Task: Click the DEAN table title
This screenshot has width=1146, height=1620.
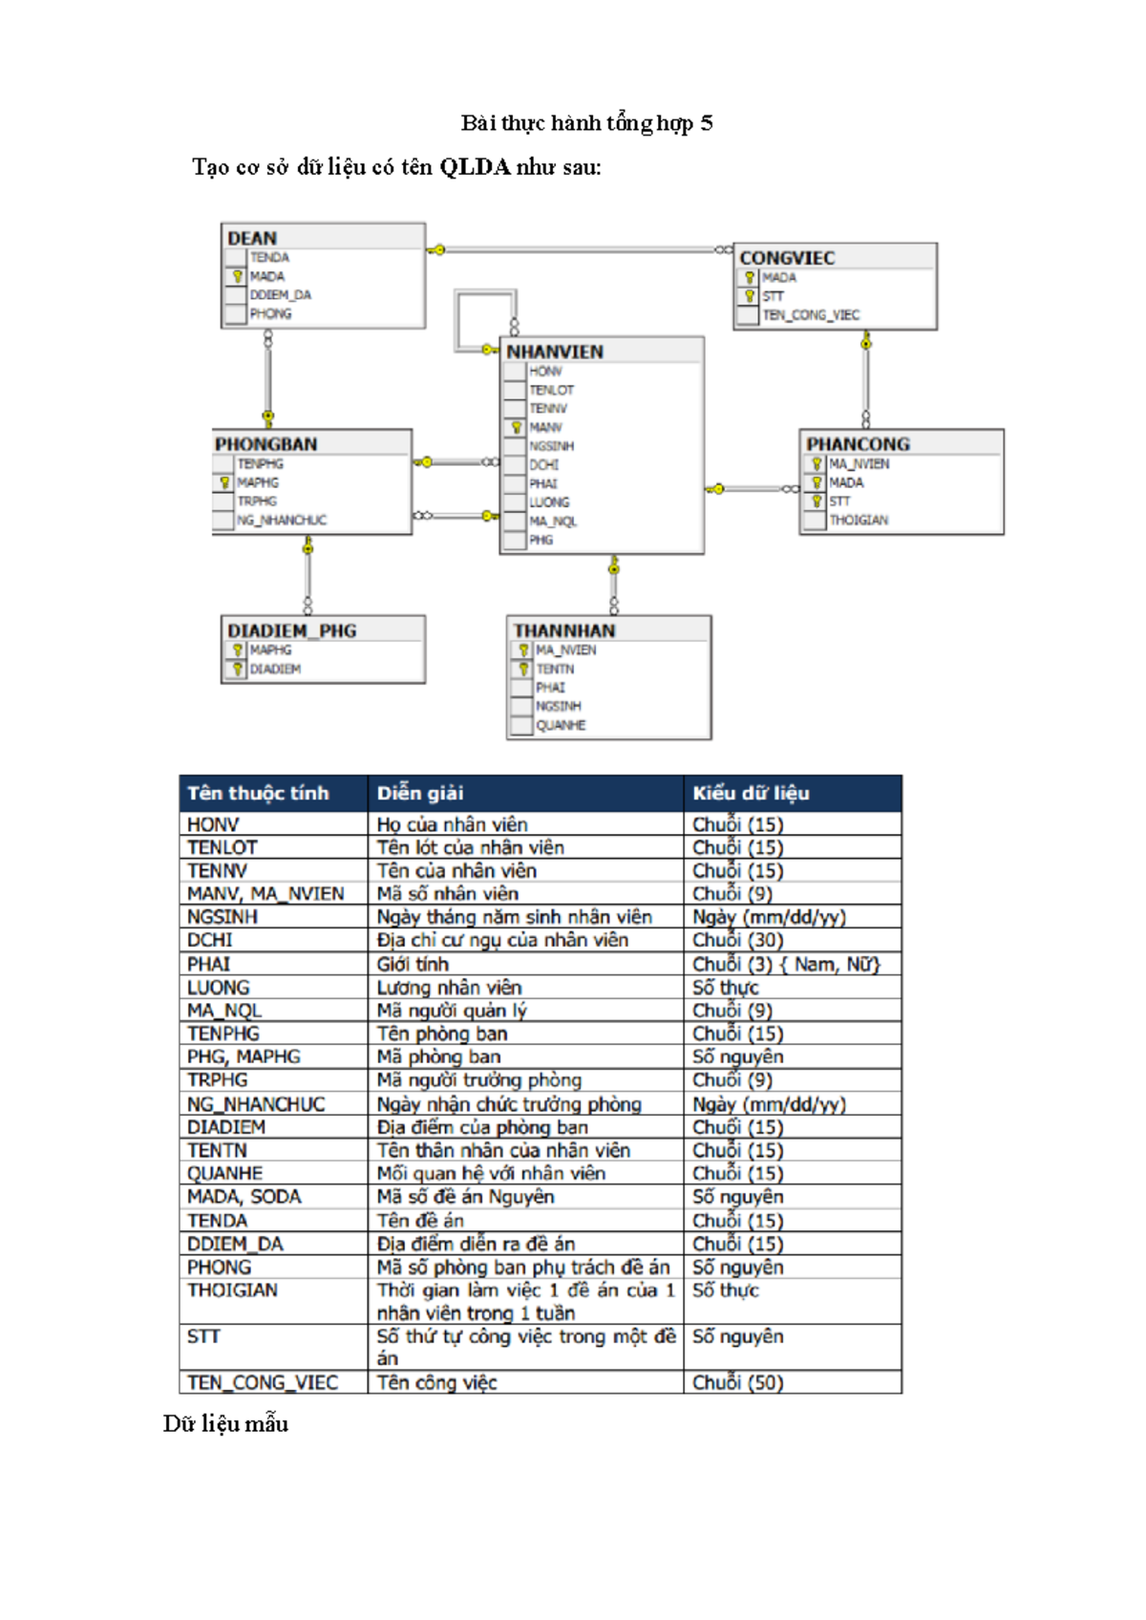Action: tap(252, 238)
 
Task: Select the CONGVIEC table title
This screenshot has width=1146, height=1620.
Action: tap(787, 258)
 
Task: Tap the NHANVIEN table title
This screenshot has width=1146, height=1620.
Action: tap(555, 352)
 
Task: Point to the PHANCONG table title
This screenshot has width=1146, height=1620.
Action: tap(858, 444)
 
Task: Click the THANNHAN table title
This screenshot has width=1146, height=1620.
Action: tap(564, 630)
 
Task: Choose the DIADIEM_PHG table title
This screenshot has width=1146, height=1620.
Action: tap(291, 630)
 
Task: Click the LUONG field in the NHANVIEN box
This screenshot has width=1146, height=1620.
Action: tap(549, 502)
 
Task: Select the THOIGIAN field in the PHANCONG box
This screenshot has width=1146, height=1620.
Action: tap(859, 520)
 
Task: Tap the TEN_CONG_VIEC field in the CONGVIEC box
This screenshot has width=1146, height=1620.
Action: tap(811, 315)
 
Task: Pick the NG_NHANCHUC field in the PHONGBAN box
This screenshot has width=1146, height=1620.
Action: tap(282, 520)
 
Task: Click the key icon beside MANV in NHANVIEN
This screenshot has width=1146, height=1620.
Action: tap(516, 427)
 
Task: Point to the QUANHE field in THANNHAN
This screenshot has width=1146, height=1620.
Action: tap(561, 725)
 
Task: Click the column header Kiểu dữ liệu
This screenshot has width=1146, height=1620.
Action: tap(751, 793)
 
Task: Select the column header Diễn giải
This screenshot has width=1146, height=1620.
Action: tap(419, 793)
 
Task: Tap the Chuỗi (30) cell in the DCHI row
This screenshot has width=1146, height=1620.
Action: tap(737, 940)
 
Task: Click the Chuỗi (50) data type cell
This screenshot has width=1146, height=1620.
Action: tap(737, 1382)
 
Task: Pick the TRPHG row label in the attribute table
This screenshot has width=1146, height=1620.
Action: tap(218, 1079)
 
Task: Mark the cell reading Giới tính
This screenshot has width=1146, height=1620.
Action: tap(412, 964)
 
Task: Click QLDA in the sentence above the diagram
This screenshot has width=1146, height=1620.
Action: tap(475, 167)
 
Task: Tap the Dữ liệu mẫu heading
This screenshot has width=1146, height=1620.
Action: tap(225, 1423)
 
